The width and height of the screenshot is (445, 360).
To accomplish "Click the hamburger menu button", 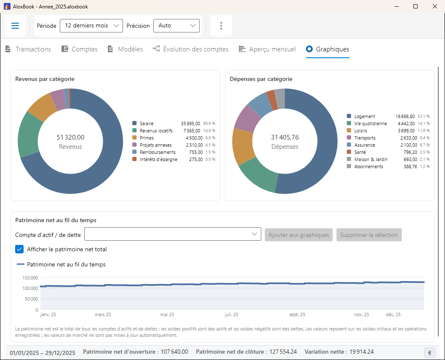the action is pyautogui.click(x=15, y=26).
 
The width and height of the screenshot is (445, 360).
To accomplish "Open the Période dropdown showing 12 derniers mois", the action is pyautogui.click(x=91, y=26).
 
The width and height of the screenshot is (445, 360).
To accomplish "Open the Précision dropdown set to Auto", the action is pyautogui.click(x=177, y=26).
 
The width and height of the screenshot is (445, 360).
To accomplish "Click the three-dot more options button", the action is pyautogui.click(x=221, y=26).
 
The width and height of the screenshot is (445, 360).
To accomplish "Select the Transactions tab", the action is pyautogui.click(x=28, y=49).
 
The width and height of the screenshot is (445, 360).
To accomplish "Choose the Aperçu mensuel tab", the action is pyautogui.click(x=267, y=49).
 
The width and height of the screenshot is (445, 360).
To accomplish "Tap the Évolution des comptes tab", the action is pyautogui.click(x=190, y=49).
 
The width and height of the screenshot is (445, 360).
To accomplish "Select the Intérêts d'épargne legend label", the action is pyautogui.click(x=158, y=159).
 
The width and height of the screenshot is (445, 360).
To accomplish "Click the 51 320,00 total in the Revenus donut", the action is pyautogui.click(x=70, y=137).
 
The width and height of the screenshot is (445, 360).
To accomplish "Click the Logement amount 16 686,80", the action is pyautogui.click(x=405, y=116).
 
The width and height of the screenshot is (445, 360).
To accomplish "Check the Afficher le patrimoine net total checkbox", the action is pyautogui.click(x=19, y=249).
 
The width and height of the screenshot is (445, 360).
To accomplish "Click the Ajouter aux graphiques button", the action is pyautogui.click(x=298, y=235).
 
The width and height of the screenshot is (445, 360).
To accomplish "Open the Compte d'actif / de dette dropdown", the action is pyautogui.click(x=172, y=234).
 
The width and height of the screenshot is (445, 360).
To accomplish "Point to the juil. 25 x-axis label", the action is pyautogui.click(x=231, y=314).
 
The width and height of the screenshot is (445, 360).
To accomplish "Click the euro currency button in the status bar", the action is pyautogui.click(x=430, y=352).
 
